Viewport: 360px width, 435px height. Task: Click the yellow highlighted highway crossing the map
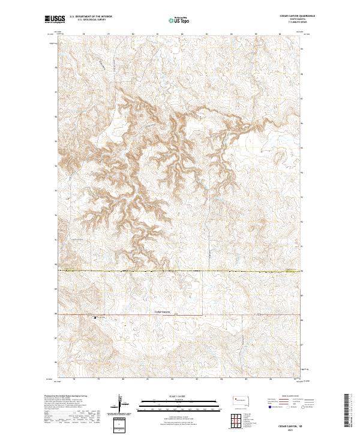pyautogui.click(x=180, y=271)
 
